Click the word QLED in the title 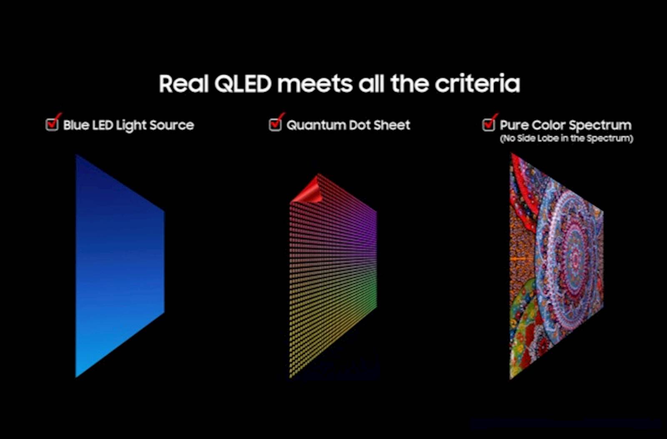click(243, 84)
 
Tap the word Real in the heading click(183, 84)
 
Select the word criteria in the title click(477, 84)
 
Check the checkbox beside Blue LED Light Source click(52, 124)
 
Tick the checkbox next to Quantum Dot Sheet click(275, 124)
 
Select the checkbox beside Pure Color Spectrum click(488, 124)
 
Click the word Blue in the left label click(75, 125)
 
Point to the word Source click(172, 125)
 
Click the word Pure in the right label click(514, 125)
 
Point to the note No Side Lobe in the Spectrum click(567, 139)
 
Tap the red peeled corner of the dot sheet click(308, 190)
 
